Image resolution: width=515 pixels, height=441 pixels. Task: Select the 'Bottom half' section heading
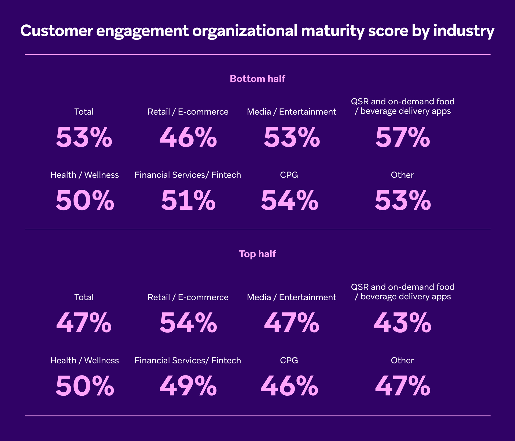point(257,79)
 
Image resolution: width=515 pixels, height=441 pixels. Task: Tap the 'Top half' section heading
point(257,254)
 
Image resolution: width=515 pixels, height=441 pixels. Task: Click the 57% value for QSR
point(403,138)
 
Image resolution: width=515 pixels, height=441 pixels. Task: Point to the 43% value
point(403,323)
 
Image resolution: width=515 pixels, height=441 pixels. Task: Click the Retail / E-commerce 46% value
point(188,138)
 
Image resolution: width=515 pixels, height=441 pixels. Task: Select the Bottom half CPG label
point(289,175)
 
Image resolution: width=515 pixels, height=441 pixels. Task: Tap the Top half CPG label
point(289,360)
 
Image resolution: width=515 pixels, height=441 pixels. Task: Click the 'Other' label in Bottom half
point(402,175)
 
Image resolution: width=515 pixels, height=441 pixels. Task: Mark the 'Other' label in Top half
point(402,360)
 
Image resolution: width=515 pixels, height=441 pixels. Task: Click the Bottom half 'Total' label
point(84,112)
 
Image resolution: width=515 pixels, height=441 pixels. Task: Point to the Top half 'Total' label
point(84,297)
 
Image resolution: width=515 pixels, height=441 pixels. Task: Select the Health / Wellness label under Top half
point(84,360)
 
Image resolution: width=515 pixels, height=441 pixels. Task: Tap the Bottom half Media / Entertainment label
point(291,112)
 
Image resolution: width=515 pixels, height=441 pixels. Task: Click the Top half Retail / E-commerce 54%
point(188,323)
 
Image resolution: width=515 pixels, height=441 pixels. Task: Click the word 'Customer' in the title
point(57,31)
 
